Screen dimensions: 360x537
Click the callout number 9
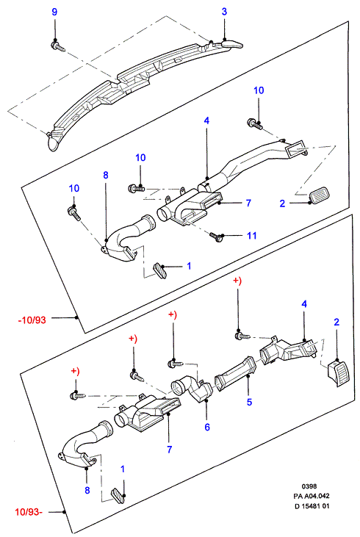(x=54, y=12)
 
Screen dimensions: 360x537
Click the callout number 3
(x=224, y=12)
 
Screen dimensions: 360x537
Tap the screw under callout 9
(x=58, y=46)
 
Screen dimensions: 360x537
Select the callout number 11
(x=252, y=236)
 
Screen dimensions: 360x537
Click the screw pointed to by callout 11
(x=216, y=237)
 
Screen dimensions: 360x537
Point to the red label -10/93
(x=32, y=320)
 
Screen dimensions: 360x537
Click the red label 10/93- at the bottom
(x=29, y=512)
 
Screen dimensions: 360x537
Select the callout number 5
(x=249, y=402)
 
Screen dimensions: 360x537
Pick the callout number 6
(x=207, y=427)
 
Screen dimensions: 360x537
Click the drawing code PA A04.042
(x=312, y=496)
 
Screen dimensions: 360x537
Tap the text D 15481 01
(x=312, y=506)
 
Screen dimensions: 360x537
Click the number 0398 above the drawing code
(x=309, y=486)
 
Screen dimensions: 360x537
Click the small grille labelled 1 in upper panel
(x=160, y=270)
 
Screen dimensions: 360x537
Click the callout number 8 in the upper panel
(x=106, y=175)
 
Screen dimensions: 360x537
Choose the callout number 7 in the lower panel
(x=169, y=450)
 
